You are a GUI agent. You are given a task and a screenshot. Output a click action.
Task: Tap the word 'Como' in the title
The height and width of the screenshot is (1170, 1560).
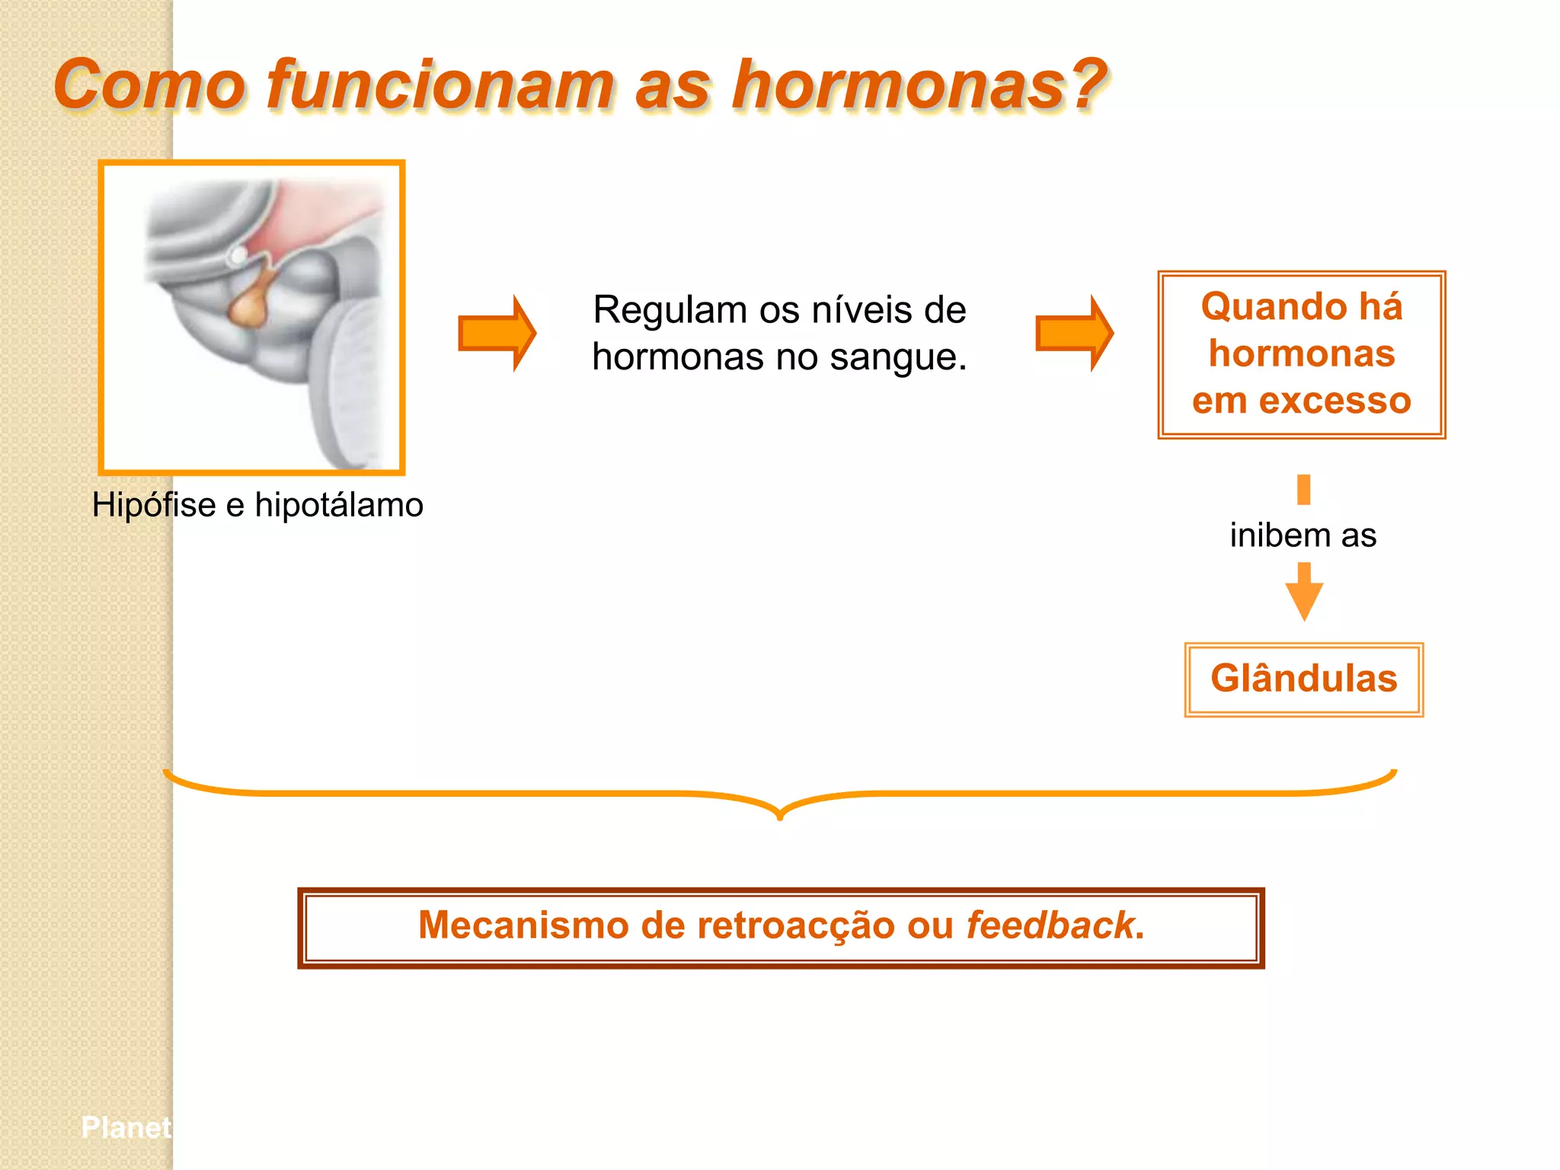[149, 85]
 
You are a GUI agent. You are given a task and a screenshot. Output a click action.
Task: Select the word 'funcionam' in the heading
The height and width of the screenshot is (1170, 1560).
[440, 85]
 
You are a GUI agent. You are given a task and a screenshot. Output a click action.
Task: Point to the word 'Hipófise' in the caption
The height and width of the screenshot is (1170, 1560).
[154, 505]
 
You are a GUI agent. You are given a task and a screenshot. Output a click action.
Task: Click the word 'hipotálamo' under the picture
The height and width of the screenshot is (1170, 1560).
[339, 505]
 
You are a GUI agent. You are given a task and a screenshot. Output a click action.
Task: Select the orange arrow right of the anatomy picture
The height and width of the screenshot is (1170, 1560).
[497, 334]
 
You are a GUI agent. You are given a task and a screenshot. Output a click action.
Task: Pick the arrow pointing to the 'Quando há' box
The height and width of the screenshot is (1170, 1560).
[1074, 334]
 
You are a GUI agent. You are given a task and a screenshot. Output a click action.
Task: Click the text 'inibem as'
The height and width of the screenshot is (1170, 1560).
[1303, 535]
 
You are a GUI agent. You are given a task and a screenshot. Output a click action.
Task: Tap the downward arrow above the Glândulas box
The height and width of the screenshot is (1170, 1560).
[1304, 593]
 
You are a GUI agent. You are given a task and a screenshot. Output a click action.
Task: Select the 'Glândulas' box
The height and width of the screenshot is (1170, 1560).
[1303, 679]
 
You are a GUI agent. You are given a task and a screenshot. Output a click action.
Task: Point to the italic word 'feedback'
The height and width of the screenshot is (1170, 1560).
[1050, 926]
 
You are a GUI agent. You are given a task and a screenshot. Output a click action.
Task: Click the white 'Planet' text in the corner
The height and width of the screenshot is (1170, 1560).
[126, 1127]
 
